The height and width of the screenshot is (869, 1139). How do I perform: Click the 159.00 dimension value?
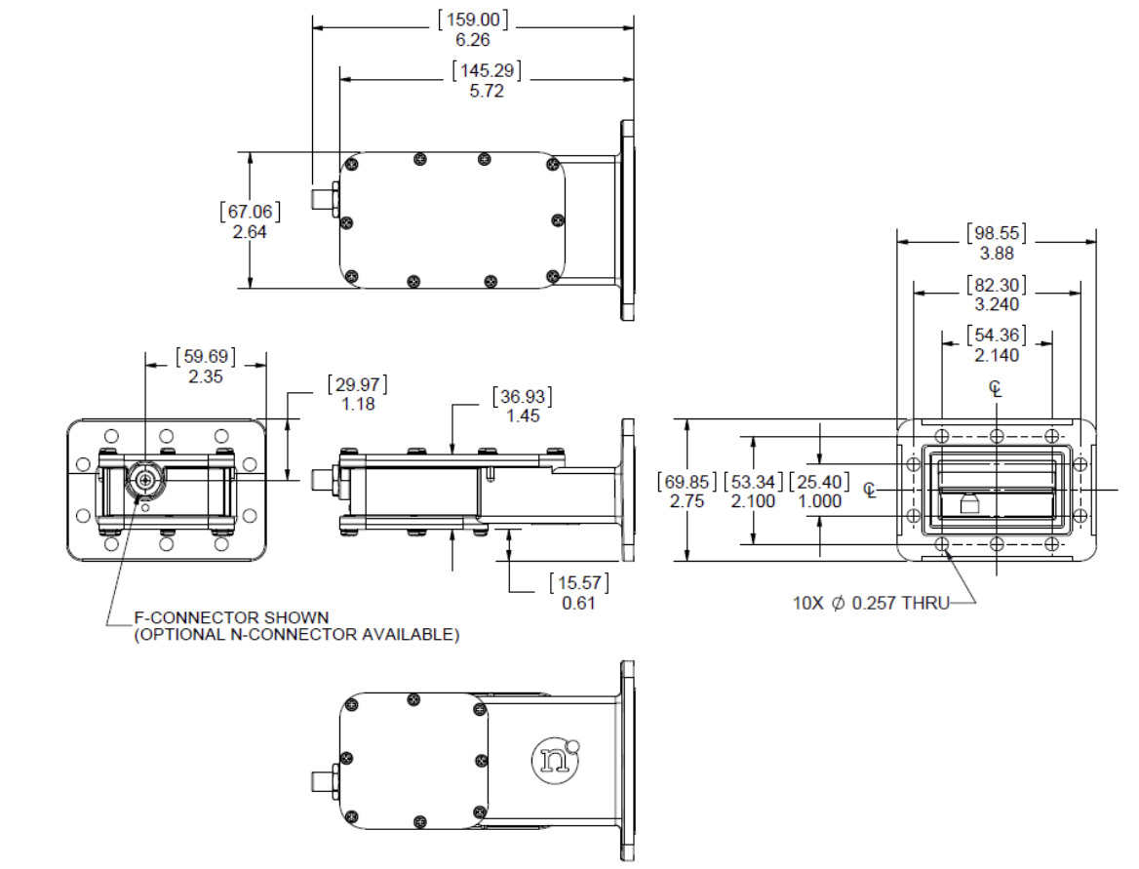(473, 20)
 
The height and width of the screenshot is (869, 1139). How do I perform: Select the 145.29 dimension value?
(487, 70)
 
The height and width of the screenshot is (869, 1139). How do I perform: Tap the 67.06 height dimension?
(251, 212)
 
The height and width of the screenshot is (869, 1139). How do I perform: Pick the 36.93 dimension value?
(524, 396)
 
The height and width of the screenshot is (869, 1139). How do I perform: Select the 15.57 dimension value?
(580, 583)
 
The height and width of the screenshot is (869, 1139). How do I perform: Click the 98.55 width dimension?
(996, 233)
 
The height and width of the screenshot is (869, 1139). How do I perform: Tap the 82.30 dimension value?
(996, 285)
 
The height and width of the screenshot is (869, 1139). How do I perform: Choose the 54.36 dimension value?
(996, 336)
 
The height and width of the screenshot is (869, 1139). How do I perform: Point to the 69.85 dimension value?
(687, 483)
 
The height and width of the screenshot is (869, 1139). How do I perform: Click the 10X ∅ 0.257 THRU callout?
(871, 604)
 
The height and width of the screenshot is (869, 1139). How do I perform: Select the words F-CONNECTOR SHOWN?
(231, 617)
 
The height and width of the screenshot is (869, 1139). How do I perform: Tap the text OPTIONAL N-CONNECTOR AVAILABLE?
(296, 634)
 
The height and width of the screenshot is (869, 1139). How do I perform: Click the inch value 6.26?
(473, 40)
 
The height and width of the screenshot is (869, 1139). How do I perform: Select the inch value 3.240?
(996, 304)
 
